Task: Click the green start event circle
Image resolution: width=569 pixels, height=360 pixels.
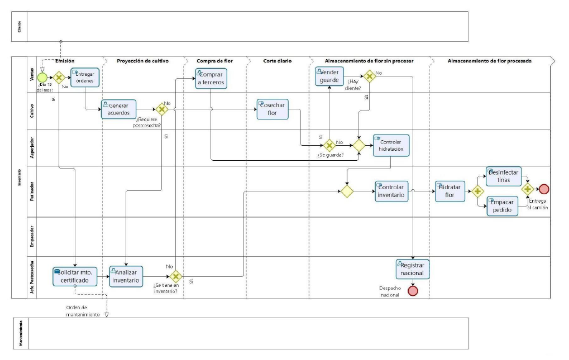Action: (42, 77)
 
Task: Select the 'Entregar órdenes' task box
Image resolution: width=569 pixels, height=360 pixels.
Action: (85, 78)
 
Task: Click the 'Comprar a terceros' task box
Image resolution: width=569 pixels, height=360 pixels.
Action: (211, 78)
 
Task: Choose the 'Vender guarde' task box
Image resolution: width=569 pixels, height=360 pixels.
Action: (329, 77)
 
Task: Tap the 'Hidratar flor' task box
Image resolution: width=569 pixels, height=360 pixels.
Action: (450, 191)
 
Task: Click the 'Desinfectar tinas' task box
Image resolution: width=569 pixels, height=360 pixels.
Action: (503, 176)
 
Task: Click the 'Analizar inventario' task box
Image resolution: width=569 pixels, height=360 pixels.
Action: (126, 276)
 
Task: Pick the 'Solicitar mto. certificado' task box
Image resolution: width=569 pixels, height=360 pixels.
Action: (75, 276)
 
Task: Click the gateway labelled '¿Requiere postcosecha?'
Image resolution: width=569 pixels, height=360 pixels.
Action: (162, 109)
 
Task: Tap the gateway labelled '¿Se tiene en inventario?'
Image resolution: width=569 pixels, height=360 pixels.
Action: (175, 276)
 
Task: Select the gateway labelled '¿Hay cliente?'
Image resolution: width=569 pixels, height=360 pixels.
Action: (369, 77)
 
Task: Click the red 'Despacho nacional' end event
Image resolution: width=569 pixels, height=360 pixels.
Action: (413, 291)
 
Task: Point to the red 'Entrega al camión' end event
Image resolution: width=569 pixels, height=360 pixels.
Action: (544, 190)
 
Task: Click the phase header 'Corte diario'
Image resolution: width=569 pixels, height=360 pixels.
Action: (278, 61)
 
